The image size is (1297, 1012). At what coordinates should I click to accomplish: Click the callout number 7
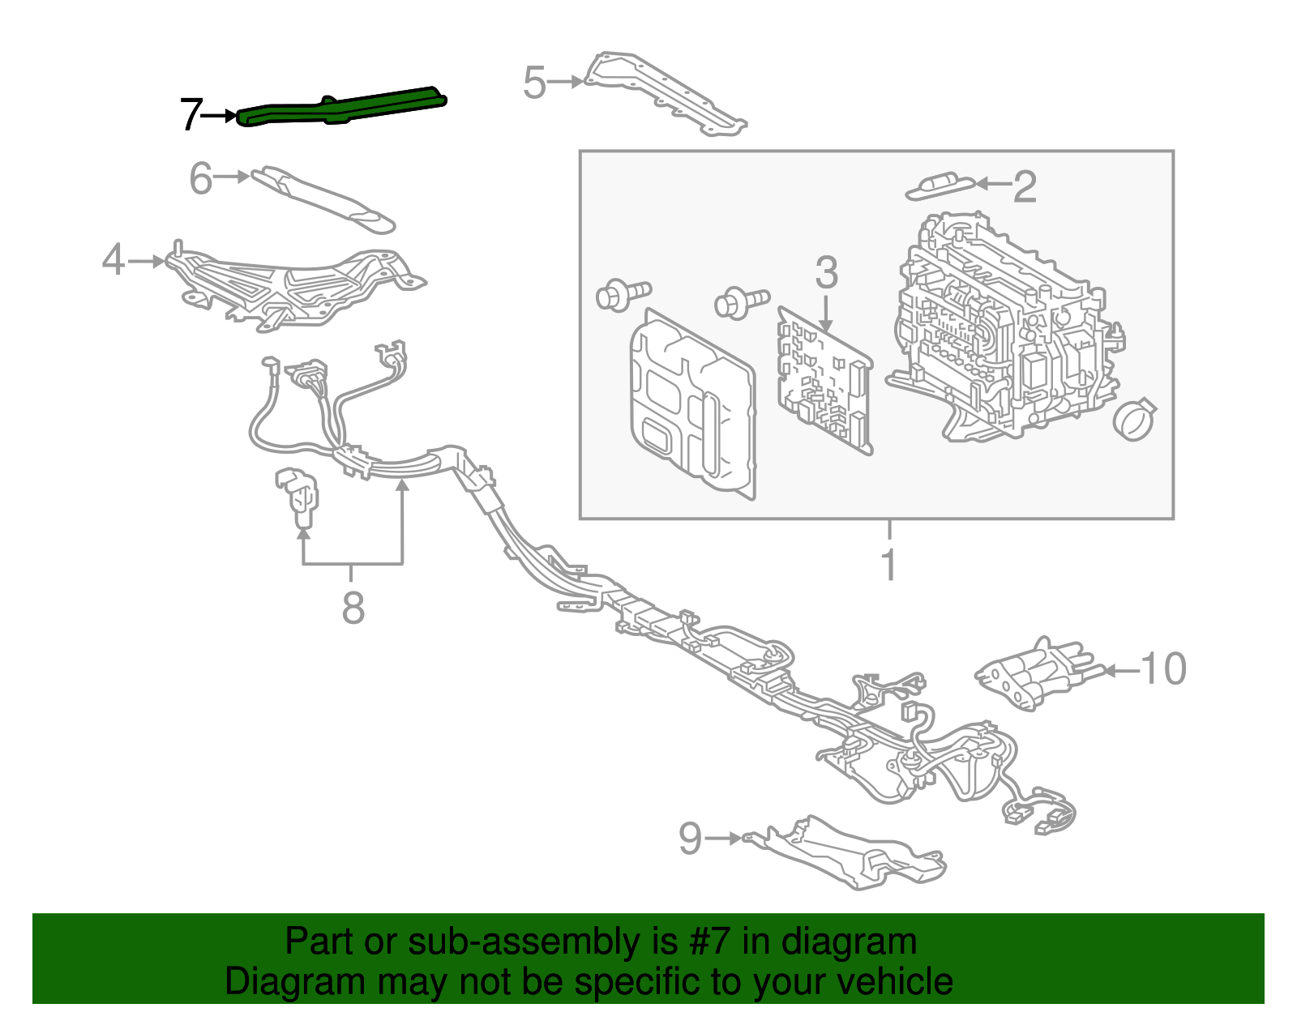190,115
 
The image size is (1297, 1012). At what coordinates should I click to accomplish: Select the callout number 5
534,83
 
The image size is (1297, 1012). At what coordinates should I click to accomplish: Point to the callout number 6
200,178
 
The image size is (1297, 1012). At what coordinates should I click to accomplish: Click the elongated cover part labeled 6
324,199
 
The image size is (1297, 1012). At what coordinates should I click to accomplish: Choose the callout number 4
113,261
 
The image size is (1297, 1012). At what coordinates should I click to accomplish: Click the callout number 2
1025,187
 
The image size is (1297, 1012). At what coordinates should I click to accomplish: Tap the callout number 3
826,273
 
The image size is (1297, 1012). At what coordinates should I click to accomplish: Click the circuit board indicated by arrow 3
825,381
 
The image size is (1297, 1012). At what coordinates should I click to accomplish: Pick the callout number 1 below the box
889,565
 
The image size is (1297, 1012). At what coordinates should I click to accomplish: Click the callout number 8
353,608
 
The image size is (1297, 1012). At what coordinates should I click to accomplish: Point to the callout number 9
690,839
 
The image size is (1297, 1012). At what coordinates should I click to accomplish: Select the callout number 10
1163,669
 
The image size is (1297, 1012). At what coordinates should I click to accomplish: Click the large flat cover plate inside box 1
691,403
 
